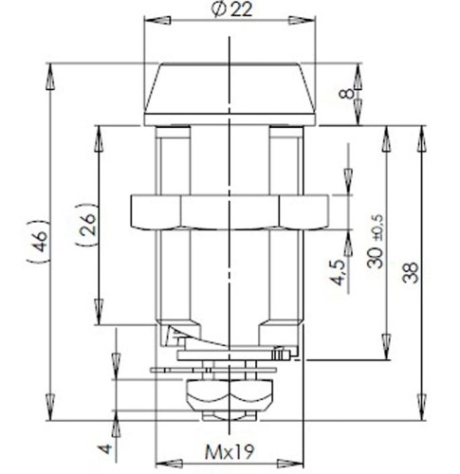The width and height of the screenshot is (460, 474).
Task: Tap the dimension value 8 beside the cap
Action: click(350, 95)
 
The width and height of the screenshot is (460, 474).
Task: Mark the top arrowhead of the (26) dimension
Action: click(96, 133)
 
